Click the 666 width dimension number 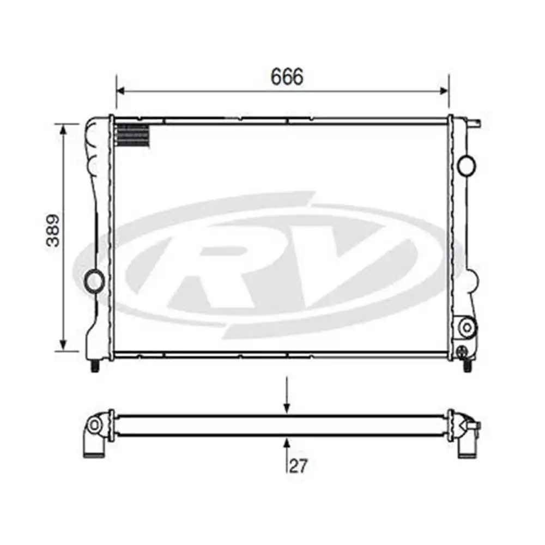tap(287, 77)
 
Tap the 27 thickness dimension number tap(299, 465)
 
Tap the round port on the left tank tap(94, 280)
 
